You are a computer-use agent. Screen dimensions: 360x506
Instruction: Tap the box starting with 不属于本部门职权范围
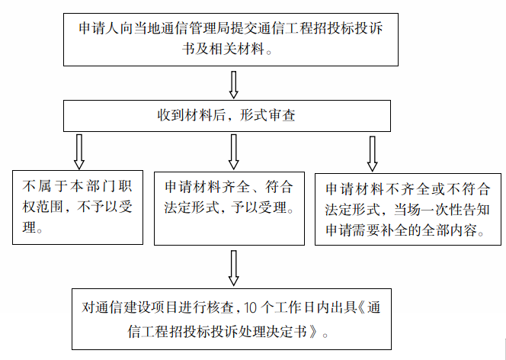(76, 207)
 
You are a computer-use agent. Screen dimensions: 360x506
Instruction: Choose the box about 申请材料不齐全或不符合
(408, 207)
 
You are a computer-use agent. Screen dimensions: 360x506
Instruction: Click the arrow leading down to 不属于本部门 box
(78, 152)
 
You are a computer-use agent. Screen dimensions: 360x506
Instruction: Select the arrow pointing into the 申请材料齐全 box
(233, 152)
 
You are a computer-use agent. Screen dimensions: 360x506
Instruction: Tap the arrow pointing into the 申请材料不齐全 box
(371, 153)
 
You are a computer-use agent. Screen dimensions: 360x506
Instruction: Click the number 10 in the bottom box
(253, 309)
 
